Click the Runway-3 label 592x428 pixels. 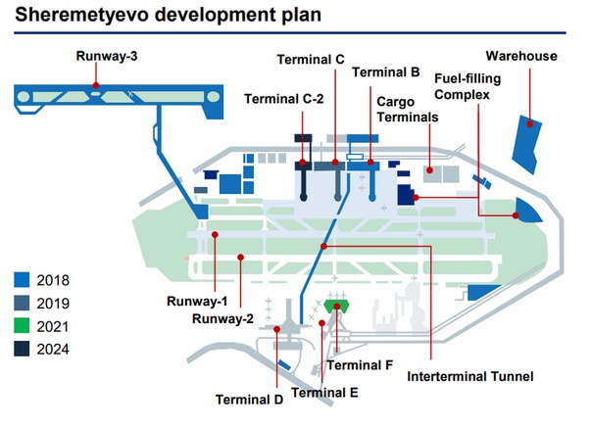pyautogui.click(x=107, y=56)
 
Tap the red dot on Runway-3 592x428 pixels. pyautogui.click(x=96, y=85)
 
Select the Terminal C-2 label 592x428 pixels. pyautogui.click(x=283, y=99)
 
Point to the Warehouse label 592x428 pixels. pyautogui.click(x=521, y=56)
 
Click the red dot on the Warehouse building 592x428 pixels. pyautogui.click(x=529, y=123)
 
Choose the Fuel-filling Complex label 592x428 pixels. pyautogui.click(x=468, y=86)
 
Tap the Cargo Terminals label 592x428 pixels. pyautogui.click(x=408, y=110)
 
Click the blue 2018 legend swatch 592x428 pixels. pyautogui.click(x=22, y=280)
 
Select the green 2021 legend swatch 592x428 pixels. pyautogui.click(x=22, y=326)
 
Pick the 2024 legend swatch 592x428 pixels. pyautogui.click(x=22, y=349)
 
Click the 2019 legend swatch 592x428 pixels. pyautogui.click(x=22, y=303)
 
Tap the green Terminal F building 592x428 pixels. pyautogui.click(x=336, y=307)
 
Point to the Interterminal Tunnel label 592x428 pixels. pyautogui.click(x=470, y=376)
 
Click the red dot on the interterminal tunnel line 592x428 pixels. pyautogui.click(x=323, y=246)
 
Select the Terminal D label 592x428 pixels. pyautogui.click(x=249, y=400)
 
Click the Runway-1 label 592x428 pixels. pyautogui.click(x=197, y=302)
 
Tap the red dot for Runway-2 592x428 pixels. pyautogui.click(x=240, y=257)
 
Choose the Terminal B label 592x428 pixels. pyautogui.click(x=386, y=72)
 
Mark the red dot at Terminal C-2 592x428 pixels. pyautogui.click(x=303, y=163)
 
